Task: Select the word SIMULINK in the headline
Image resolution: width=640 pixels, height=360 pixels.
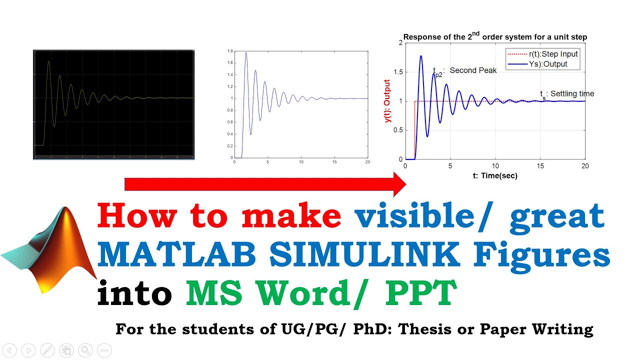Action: tap(363, 255)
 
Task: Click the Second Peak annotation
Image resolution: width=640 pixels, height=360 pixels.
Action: tap(473, 70)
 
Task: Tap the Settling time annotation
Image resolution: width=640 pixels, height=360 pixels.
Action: tap(572, 93)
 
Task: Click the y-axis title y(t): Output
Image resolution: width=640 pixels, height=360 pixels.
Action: tap(387, 101)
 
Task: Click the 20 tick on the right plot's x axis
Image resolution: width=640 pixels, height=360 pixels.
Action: tap(585, 166)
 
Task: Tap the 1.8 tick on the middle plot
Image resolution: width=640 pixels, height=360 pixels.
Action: tap(230, 51)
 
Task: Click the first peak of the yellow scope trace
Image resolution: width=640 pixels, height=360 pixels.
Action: tap(48, 61)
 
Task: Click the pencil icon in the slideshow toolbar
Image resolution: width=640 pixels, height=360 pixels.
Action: tap(47, 350)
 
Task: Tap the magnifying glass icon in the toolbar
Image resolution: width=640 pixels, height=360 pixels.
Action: tap(85, 350)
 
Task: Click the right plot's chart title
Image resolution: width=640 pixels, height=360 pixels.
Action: tap(495, 36)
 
